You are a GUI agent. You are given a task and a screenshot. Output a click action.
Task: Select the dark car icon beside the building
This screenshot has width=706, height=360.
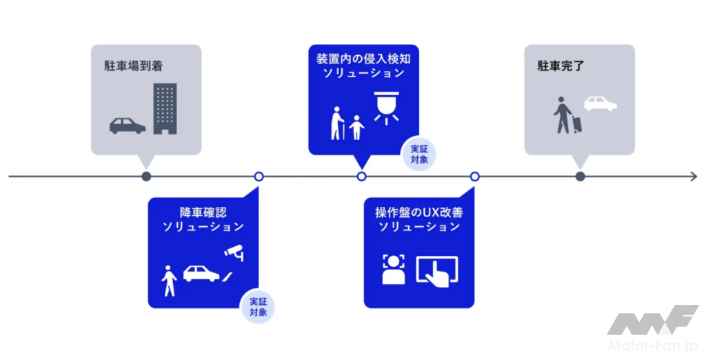point(128,126)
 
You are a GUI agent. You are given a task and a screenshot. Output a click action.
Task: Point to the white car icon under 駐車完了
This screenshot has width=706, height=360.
point(601,103)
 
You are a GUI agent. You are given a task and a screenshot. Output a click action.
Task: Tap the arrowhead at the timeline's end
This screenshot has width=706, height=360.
point(692,177)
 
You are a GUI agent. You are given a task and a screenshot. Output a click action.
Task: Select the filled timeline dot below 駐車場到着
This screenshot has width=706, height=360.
point(146,177)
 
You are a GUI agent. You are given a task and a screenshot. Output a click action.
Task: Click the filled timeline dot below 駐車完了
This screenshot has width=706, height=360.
point(581,177)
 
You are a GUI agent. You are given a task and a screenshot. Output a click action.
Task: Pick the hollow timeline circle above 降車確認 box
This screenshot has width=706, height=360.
point(259,177)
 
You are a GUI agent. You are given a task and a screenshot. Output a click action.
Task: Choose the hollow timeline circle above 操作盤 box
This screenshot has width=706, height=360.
point(474,177)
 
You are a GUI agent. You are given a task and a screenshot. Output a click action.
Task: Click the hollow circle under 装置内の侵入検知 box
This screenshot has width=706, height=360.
point(361,177)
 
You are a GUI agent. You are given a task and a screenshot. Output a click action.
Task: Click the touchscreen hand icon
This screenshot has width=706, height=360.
point(437,270)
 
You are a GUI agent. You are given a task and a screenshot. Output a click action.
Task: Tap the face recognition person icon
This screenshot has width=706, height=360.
point(394,269)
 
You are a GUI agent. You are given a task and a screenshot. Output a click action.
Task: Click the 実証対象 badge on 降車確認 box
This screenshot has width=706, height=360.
point(258,307)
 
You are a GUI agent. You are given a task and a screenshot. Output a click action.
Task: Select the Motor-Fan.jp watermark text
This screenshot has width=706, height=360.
point(652,345)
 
